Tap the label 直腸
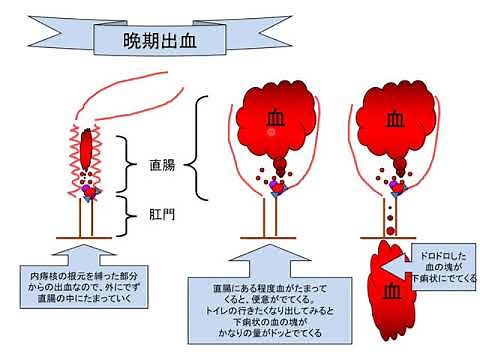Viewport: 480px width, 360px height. coord(161,164)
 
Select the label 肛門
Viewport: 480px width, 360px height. coord(161,212)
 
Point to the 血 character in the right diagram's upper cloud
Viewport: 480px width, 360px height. coord(393,119)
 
